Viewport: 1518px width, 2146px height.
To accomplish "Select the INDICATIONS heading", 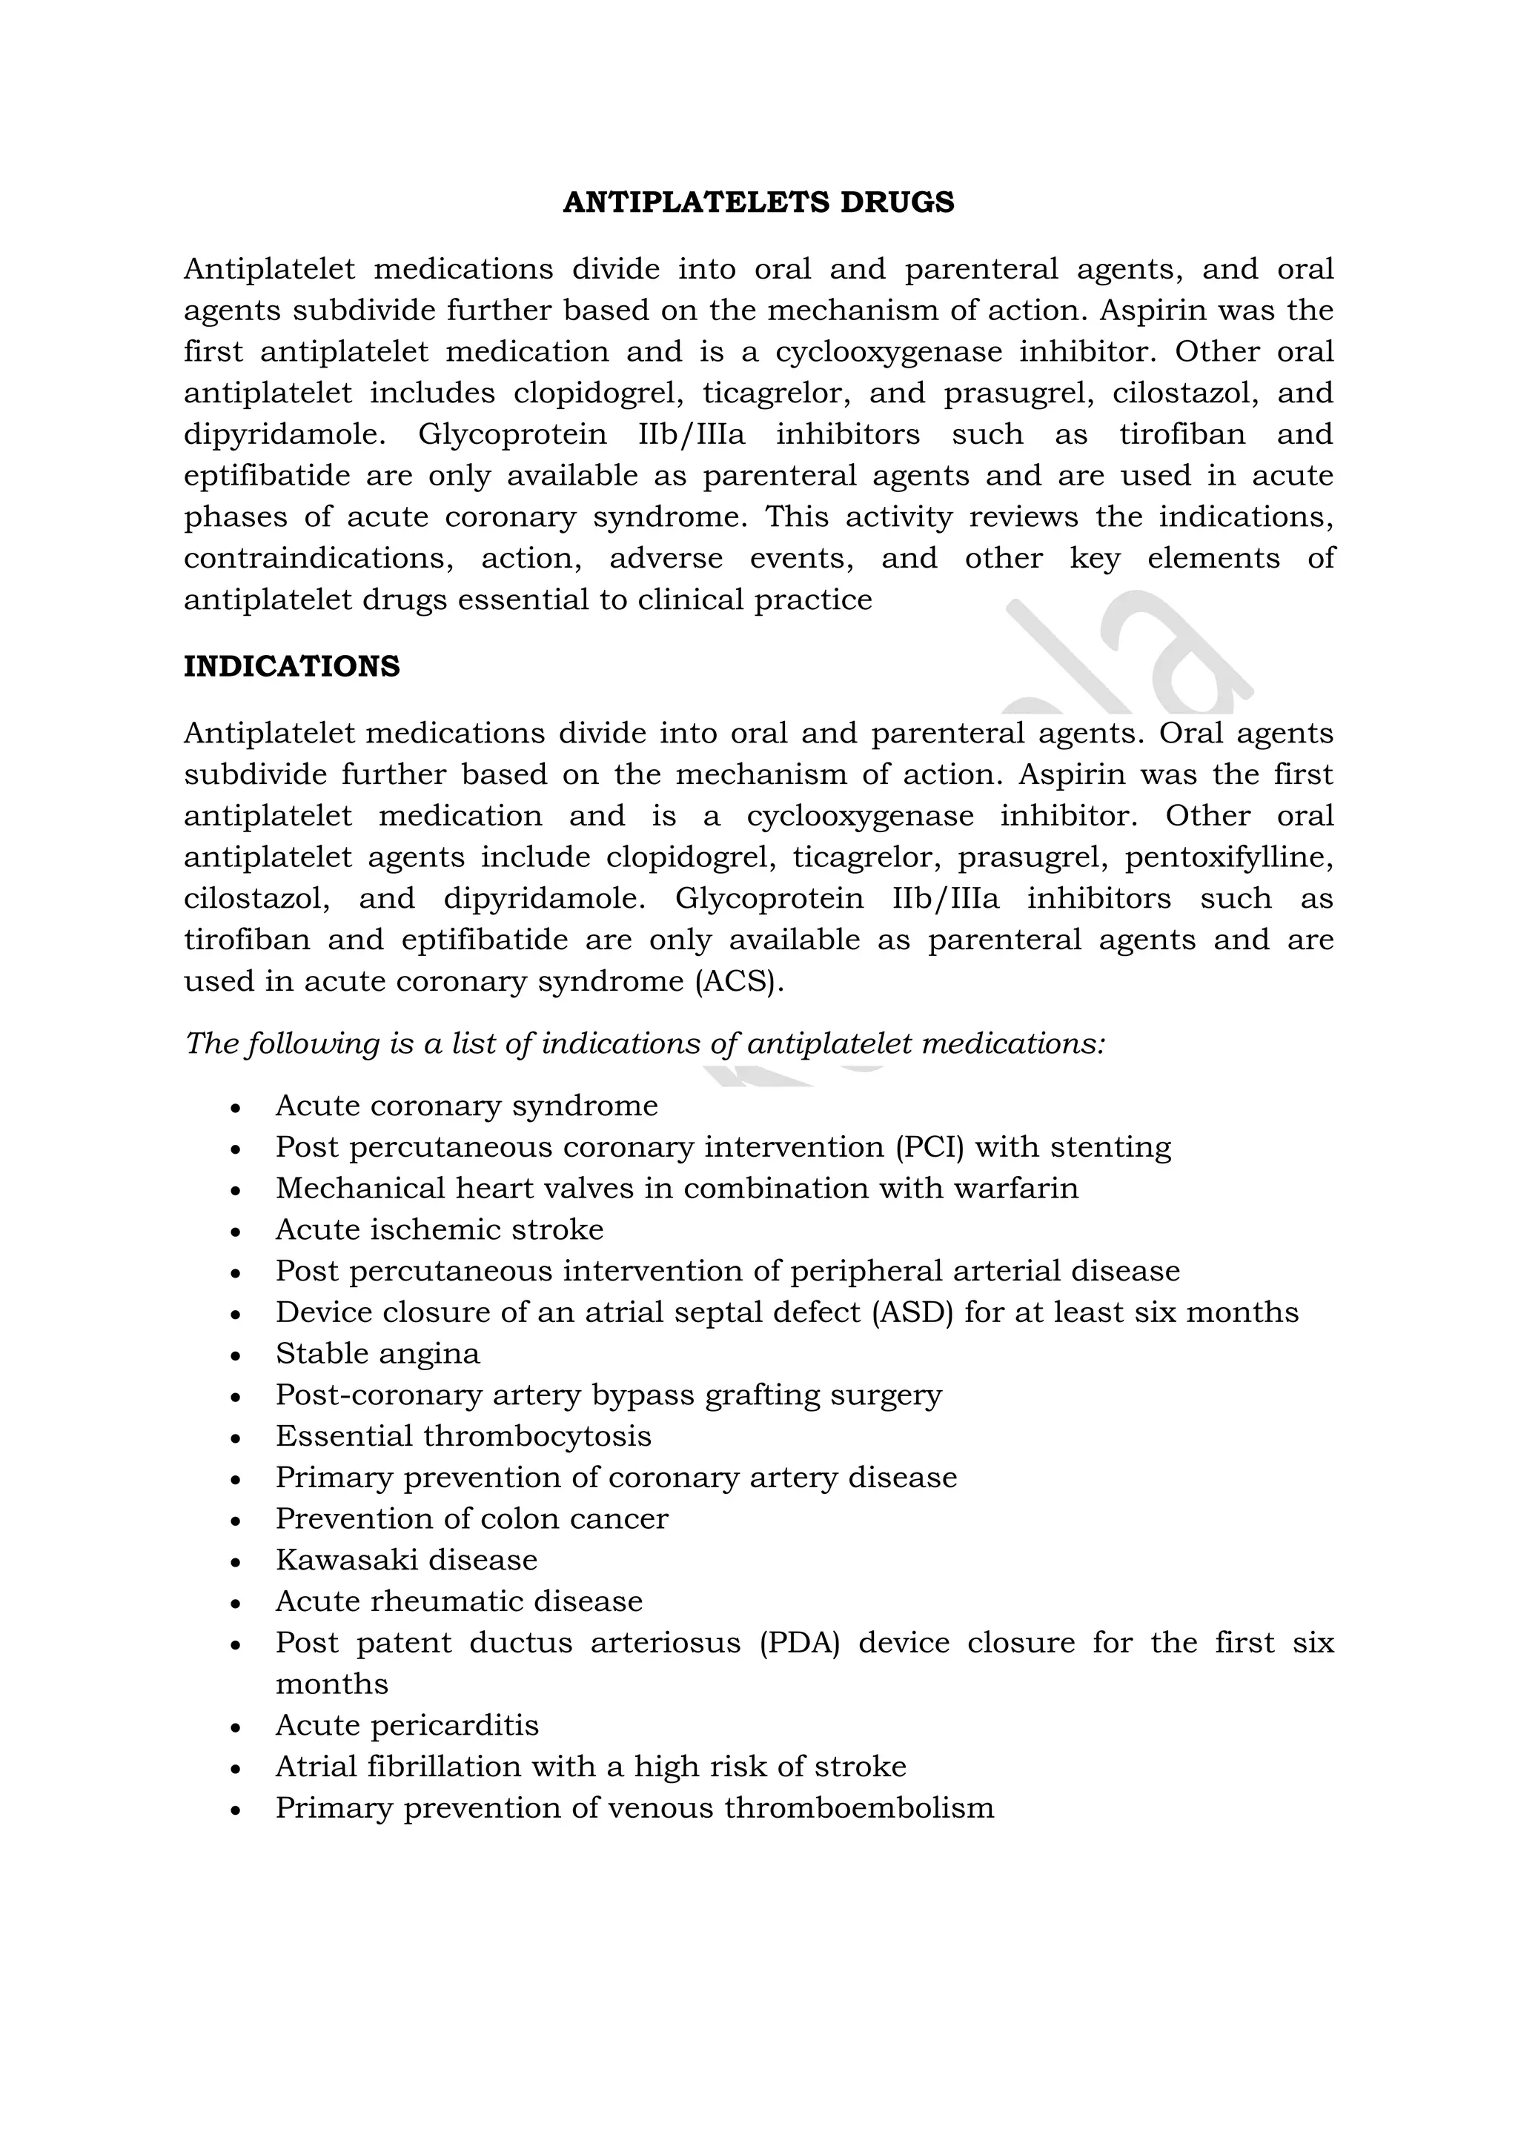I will (x=291, y=666).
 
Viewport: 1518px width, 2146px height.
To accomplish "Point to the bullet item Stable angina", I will (x=377, y=1353).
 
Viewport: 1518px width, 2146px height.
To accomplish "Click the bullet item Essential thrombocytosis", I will (x=463, y=1435).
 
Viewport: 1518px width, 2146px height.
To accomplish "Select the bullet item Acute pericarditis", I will (x=407, y=1724).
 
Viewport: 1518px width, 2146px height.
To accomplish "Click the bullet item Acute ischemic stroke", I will (x=440, y=1229).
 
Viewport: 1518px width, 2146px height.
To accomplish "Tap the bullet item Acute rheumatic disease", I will (x=459, y=1601).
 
